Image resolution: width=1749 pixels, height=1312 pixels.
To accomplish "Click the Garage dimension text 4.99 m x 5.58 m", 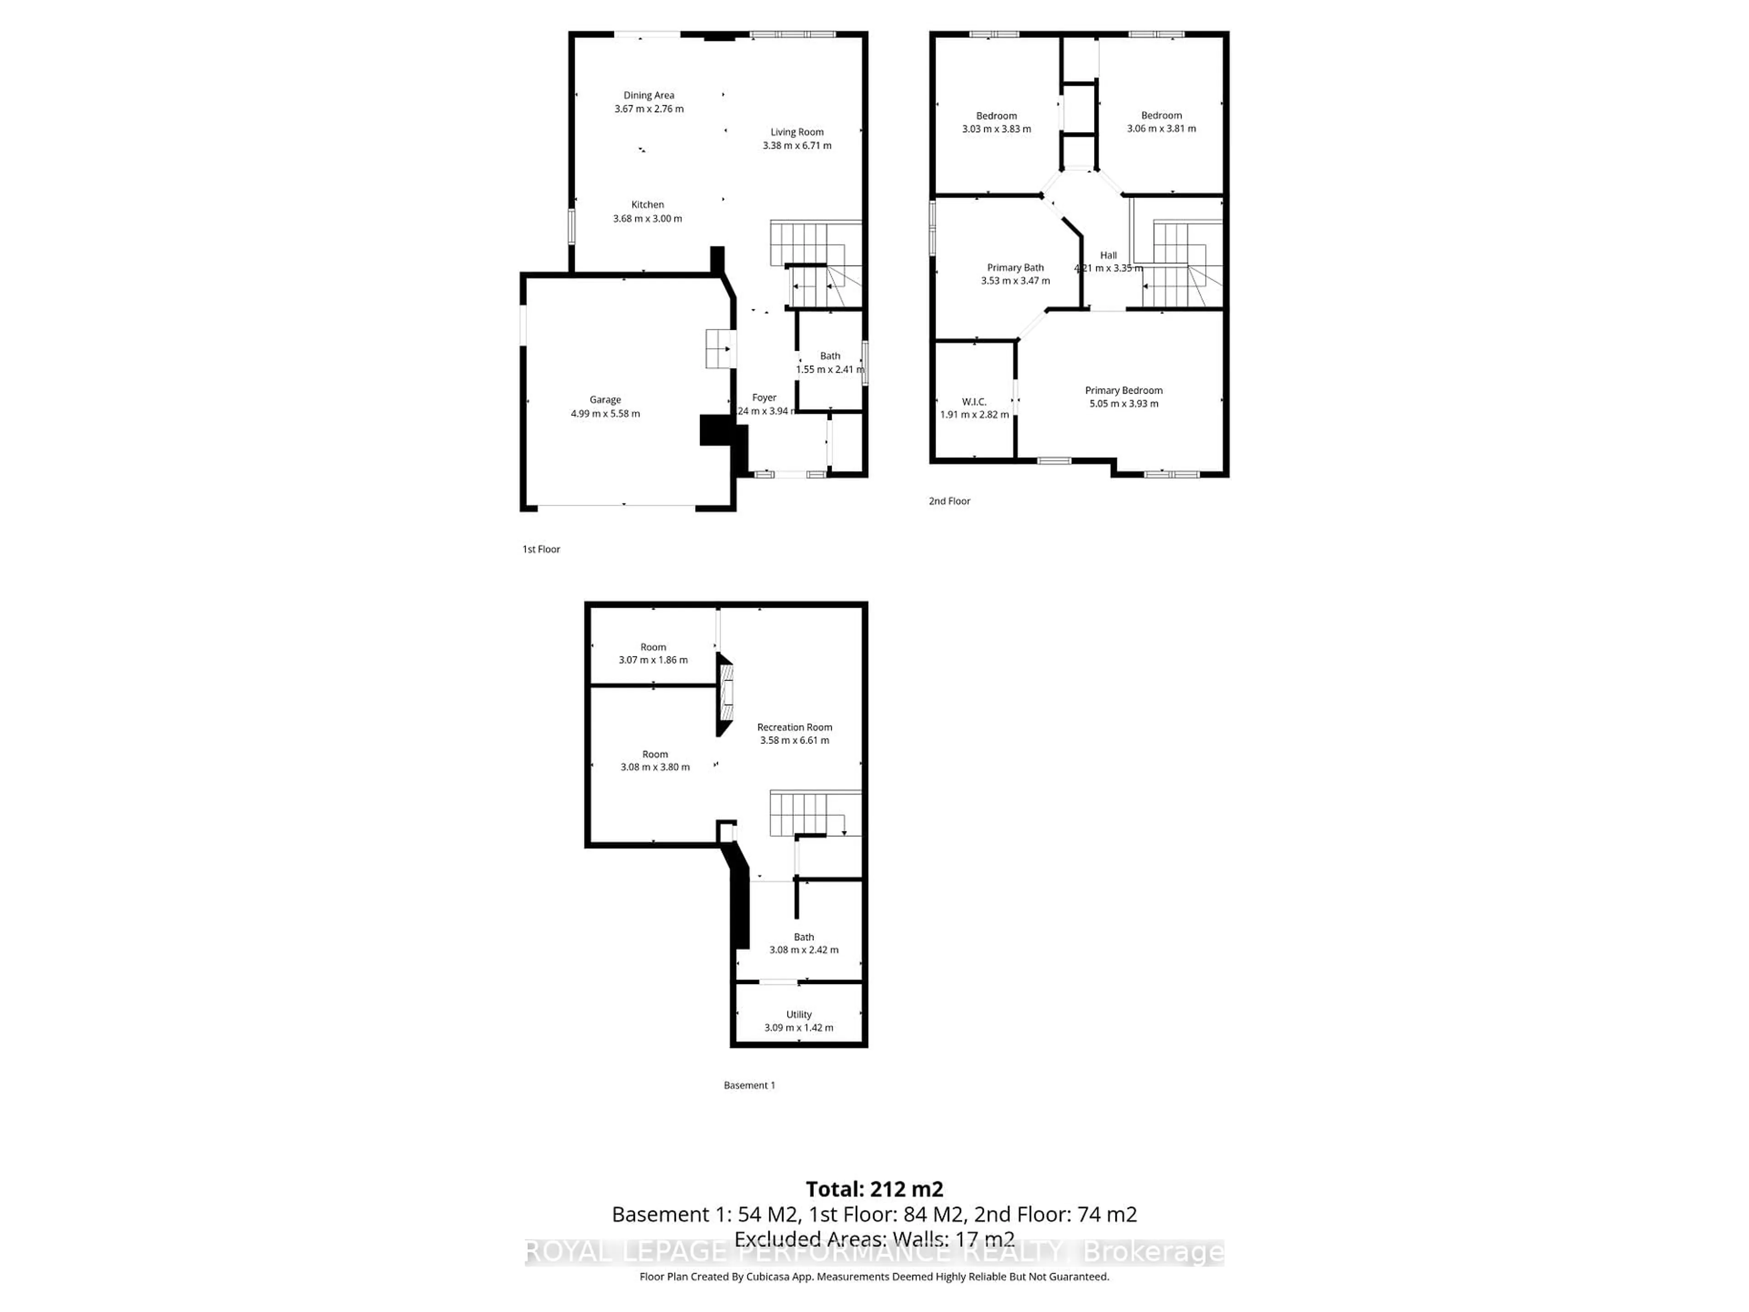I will coord(605,414).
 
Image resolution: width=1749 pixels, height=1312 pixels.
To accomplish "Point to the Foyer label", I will coord(764,398).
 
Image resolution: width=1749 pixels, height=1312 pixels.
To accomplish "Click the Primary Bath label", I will coord(1015,268).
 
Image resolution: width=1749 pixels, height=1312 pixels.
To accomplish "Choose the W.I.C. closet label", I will coord(974,402).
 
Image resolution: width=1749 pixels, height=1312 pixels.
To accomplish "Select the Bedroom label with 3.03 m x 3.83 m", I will coord(996,115).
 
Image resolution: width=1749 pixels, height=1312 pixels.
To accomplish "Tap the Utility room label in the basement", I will coord(798,1015).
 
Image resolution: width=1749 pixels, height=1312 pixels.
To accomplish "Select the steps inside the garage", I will coord(720,349).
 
